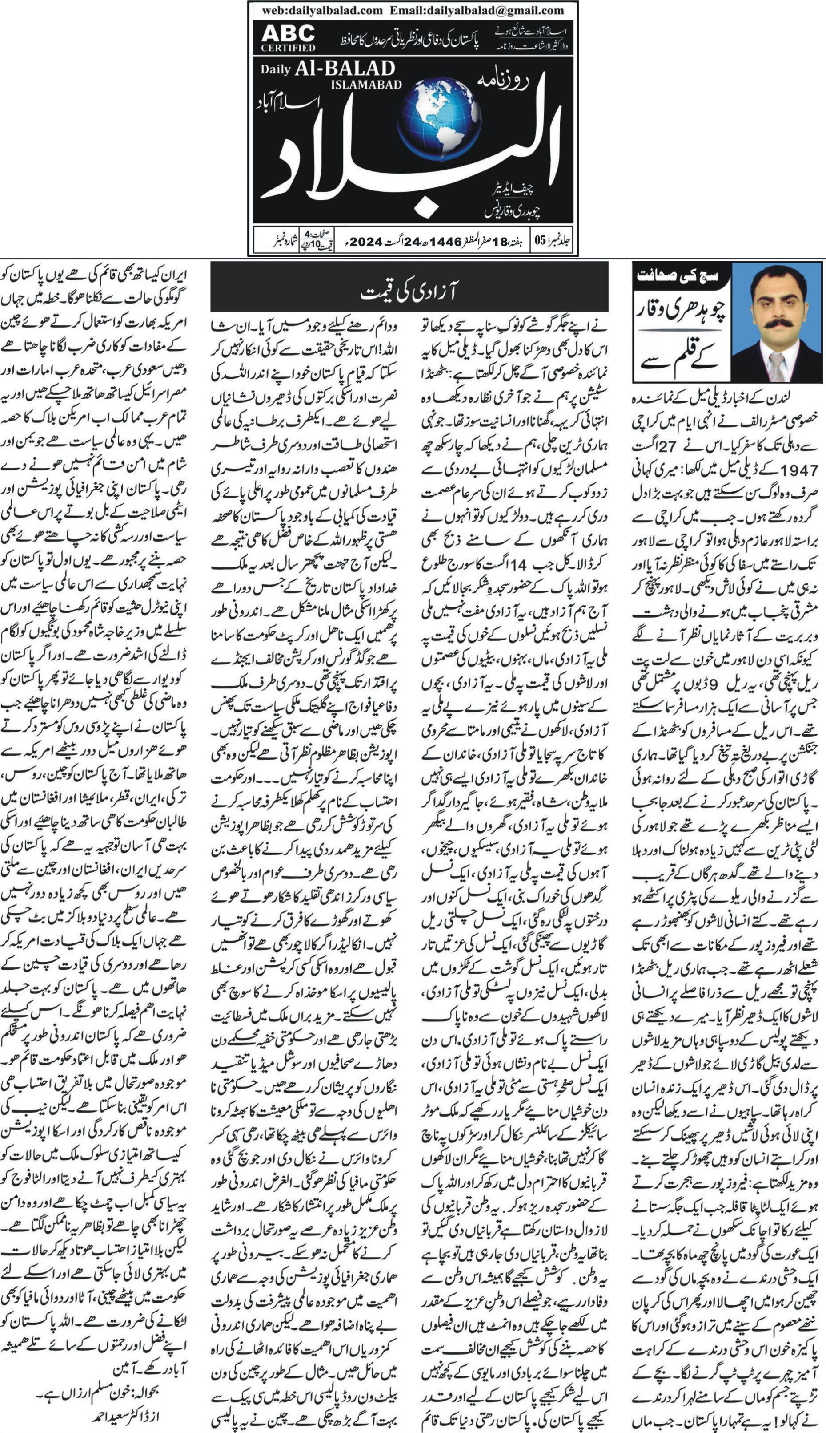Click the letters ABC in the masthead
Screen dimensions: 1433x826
click(288, 33)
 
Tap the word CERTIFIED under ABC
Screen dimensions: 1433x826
click(288, 48)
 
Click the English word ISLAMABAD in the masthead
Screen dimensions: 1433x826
click(366, 85)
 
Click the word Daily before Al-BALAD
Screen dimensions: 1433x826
click(275, 70)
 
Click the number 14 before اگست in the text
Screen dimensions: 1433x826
click(518, 565)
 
